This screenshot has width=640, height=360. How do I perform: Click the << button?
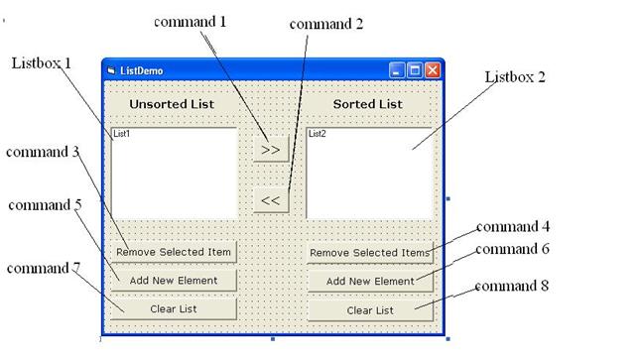pyautogui.click(x=270, y=200)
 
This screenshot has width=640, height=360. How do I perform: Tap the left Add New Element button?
pyautogui.click(x=174, y=281)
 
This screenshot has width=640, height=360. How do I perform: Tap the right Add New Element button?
pyautogui.click(x=370, y=282)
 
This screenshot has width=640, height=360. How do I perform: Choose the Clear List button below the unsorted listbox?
pyautogui.click(x=174, y=308)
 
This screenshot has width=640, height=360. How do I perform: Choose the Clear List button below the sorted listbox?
pyautogui.click(x=370, y=309)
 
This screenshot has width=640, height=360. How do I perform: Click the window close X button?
pyautogui.click(x=432, y=70)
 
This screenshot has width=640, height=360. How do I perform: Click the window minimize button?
pyautogui.click(x=397, y=70)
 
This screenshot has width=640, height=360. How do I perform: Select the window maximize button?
pyautogui.click(x=415, y=70)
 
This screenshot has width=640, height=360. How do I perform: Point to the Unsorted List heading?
pyautogui.click(x=172, y=104)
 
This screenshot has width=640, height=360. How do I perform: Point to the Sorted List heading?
pyautogui.click(x=367, y=104)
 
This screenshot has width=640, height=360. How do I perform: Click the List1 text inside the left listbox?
pyautogui.click(x=122, y=133)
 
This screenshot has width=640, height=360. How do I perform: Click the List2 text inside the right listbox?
pyautogui.click(x=318, y=133)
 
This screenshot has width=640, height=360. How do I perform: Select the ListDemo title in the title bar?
pyautogui.click(x=142, y=71)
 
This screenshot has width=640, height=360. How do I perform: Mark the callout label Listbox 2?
pyautogui.click(x=514, y=76)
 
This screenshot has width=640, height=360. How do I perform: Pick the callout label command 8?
pyautogui.click(x=511, y=287)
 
